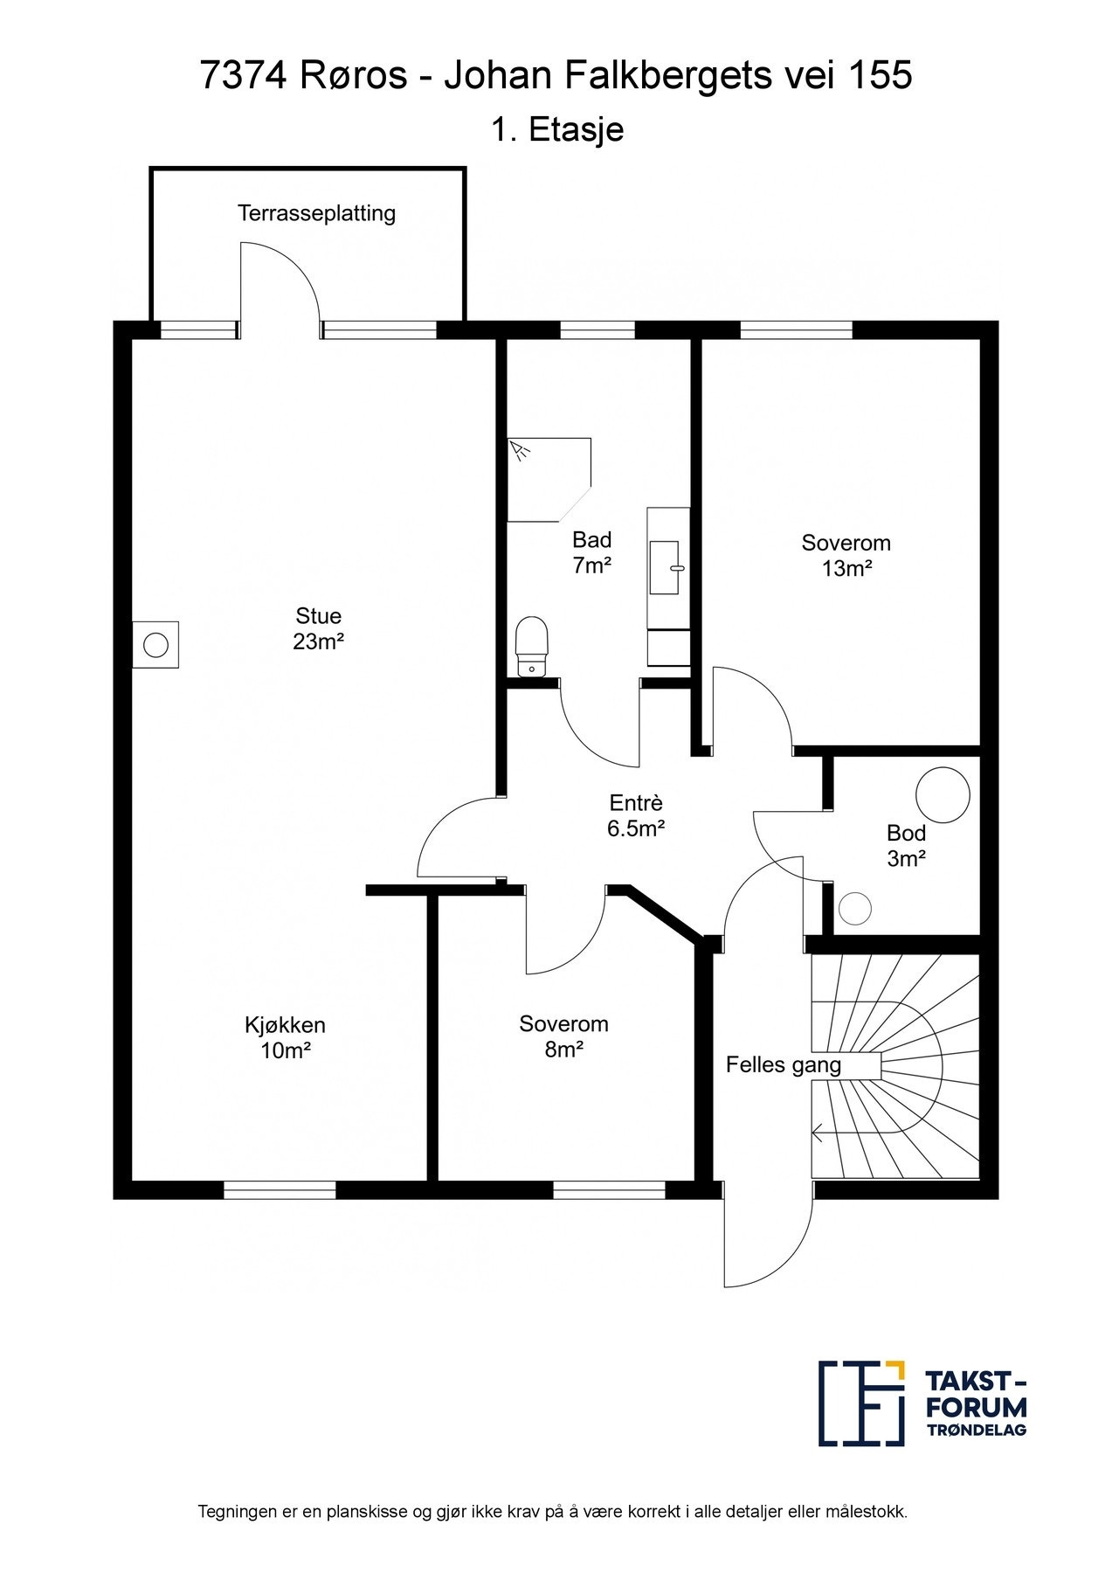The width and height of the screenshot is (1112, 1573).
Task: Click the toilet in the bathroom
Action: [x=532, y=647]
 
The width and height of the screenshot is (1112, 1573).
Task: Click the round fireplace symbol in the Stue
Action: [x=155, y=645]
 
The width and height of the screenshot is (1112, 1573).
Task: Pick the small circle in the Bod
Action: [x=855, y=908]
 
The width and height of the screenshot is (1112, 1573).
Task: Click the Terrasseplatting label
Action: [x=317, y=213]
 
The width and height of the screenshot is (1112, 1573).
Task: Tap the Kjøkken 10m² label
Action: [x=286, y=1037]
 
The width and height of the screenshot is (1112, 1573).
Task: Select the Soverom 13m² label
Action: [x=846, y=556]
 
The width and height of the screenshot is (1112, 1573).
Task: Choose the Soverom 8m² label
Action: [x=563, y=1036]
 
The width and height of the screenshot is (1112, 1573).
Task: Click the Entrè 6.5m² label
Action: [x=636, y=815]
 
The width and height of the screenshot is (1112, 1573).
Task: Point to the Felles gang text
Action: [x=784, y=1065]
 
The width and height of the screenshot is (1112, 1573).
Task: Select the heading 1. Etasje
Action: [x=556, y=130]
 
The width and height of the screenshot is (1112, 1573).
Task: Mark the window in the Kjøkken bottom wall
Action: [x=280, y=1189]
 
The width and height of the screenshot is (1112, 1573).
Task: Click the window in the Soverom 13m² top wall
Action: [x=796, y=330]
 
